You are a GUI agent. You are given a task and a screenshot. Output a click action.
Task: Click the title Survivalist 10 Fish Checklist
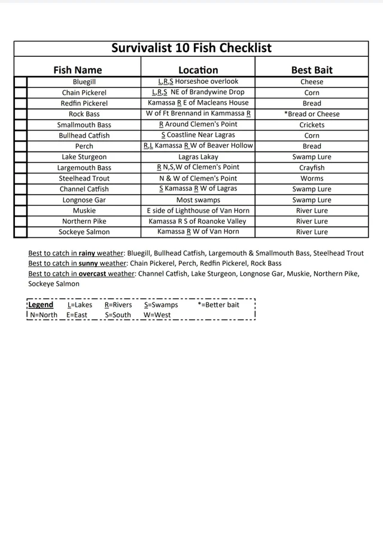click(191, 48)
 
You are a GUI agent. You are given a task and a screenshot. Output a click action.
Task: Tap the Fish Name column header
click(78, 69)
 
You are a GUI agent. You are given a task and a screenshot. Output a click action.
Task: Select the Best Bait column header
click(312, 69)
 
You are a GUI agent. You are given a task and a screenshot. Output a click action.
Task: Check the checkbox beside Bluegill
click(20, 82)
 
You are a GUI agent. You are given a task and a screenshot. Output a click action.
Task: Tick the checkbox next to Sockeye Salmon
click(20, 232)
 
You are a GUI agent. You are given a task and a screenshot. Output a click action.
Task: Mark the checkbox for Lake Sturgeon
click(20, 157)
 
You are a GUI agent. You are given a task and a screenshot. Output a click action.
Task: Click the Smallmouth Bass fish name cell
click(84, 125)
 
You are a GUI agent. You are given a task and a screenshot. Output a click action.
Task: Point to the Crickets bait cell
click(312, 125)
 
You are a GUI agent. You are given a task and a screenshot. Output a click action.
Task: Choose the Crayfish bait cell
click(312, 168)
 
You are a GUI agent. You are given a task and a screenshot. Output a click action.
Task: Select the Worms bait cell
click(312, 178)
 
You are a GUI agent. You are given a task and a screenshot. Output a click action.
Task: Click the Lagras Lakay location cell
click(198, 157)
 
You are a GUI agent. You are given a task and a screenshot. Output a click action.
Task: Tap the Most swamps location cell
click(198, 200)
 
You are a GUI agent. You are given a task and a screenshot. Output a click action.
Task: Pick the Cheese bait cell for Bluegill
click(312, 81)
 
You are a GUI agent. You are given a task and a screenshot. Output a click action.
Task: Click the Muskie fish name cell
click(84, 211)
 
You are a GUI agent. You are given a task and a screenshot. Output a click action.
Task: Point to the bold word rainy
click(88, 253)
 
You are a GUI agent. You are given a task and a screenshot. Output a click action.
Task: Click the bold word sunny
click(89, 263)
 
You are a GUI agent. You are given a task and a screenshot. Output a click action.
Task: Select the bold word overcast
click(93, 274)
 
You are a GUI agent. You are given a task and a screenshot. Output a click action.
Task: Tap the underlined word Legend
click(41, 305)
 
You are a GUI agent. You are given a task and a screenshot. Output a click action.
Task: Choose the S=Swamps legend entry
click(160, 305)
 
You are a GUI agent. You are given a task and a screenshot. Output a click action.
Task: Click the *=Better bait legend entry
click(218, 305)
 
